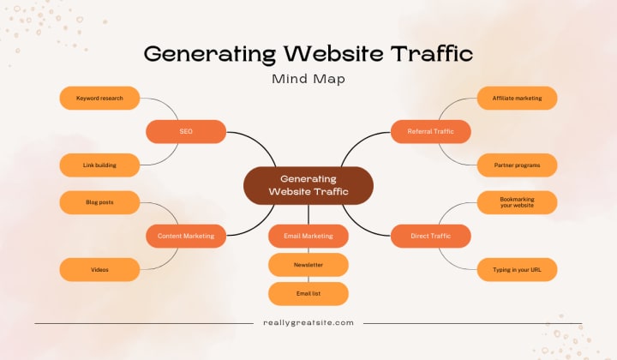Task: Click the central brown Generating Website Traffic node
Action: pos(308,185)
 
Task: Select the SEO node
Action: pos(186,131)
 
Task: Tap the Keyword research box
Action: pos(99,99)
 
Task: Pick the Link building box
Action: pos(99,165)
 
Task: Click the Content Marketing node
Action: pos(186,236)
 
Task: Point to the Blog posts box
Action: pos(99,202)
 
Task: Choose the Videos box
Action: pos(99,269)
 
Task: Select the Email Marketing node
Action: pos(308,236)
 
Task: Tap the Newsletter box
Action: pos(308,265)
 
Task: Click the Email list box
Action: pos(308,294)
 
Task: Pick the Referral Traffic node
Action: pos(431,131)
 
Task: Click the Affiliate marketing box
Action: pos(517,99)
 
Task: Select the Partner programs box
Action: pos(517,165)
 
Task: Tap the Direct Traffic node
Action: pos(431,236)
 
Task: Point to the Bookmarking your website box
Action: pos(517,202)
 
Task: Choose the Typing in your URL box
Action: pos(517,269)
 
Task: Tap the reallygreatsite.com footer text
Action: pos(308,322)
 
